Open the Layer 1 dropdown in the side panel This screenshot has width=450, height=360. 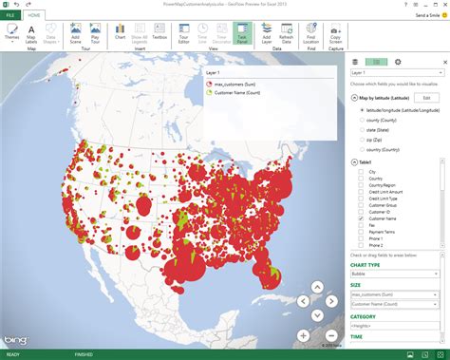pyautogui.click(x=397, y=72)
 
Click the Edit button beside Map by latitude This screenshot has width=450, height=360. pyautogui.click(x=426, y=98)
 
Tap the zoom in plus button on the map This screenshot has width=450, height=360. pyautogui.click(x=303, y=335)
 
